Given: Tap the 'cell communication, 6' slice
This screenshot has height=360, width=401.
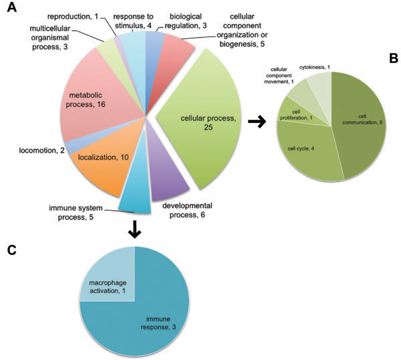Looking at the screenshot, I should (x=360, y=120).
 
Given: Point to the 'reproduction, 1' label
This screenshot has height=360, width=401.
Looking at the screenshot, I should (x=74, y=14).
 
